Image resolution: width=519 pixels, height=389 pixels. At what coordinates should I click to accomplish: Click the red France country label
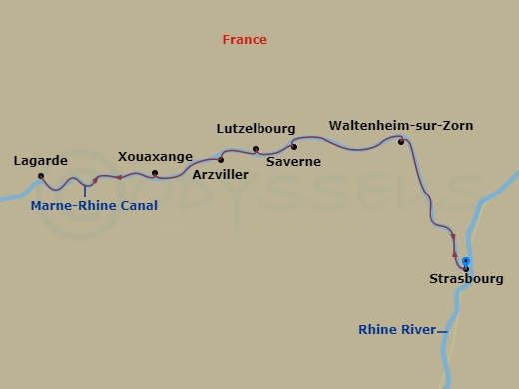[245, 40]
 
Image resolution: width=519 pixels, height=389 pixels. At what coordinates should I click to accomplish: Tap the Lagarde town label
[40, 160]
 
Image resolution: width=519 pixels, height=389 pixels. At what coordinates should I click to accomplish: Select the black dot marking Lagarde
[41, 176]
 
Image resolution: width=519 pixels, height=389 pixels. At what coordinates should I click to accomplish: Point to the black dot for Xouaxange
[155, 173]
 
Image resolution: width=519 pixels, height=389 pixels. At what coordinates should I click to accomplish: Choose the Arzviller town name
[221, 174]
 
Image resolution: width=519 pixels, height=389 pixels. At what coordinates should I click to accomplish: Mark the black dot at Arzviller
[221, 159]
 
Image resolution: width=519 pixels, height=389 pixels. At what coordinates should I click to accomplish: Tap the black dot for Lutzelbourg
[256, 149]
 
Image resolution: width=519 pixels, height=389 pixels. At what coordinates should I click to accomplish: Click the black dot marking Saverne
[294, 147]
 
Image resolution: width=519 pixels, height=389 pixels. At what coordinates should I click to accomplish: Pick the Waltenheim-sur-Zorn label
[401, 126]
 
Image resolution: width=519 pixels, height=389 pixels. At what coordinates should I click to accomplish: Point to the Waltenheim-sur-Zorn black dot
[401, 142]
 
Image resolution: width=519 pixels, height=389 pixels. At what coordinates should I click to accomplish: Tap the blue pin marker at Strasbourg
[466, 261]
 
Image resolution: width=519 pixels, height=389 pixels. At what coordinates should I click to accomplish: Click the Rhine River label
[397, 329]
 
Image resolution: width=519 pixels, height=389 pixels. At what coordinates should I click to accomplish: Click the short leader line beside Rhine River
[443, 330]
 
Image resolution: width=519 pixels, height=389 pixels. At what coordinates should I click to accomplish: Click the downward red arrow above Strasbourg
[454, 238]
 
